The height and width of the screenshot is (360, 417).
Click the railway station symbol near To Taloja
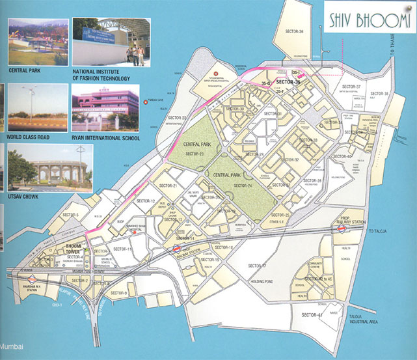[343, 220]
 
